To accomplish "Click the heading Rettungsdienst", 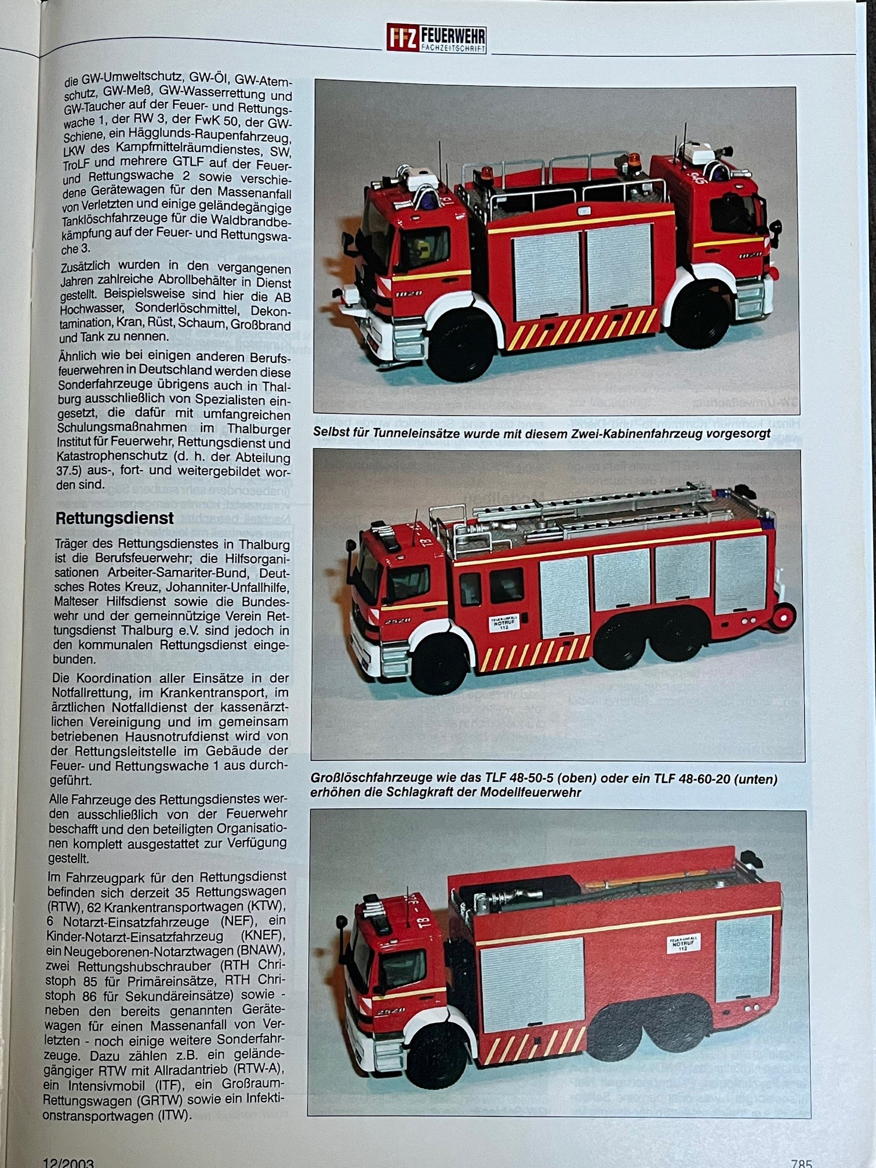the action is tap(114, 518).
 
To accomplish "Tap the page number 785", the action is tap(801, 1162).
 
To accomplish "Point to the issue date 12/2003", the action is tap(68, 1162).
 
